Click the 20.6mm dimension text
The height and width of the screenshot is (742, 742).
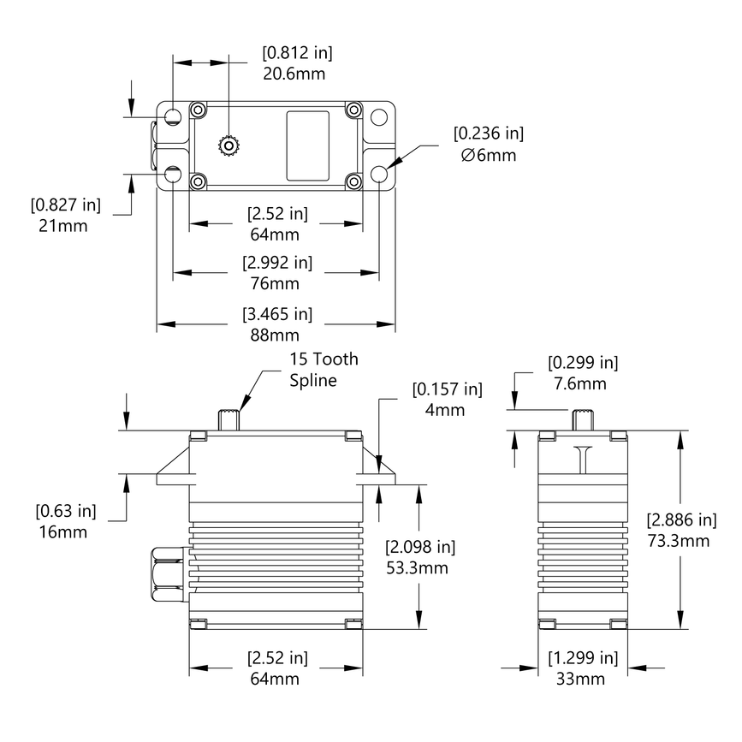294,74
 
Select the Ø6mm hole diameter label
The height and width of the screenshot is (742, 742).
488,155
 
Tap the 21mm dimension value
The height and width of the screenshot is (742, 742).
63,226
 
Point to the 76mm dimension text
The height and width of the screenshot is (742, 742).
276,283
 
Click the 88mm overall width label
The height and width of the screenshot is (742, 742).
276,335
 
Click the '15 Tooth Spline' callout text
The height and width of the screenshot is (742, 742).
324,370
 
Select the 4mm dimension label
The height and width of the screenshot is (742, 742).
445,410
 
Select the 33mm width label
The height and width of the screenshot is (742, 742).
582,679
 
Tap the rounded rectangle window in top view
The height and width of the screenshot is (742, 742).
307,145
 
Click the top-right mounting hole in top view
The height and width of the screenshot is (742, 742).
380,116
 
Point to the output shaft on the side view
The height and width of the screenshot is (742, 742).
582,420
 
